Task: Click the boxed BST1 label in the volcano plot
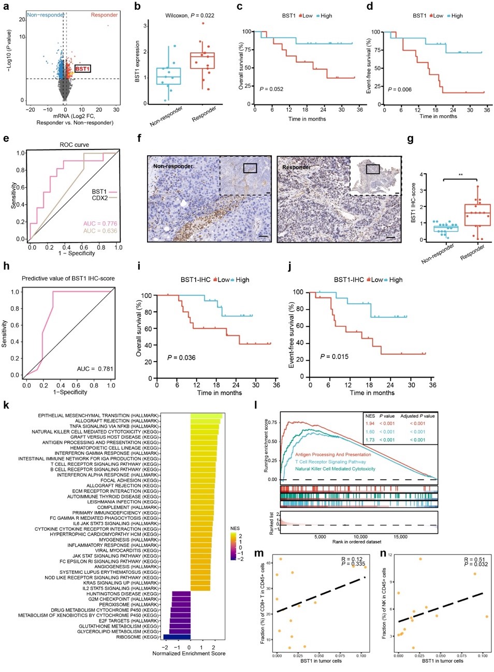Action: pyautogui.click(x=83, y=69)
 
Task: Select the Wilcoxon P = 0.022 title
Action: pyautogui.click(x=190, y=16)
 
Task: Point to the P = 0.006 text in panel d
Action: pyautogui.click(x=400, y=89)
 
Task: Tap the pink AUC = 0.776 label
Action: pyautogui.click(x=100, y=223)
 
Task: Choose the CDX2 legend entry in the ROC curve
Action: pyautogui.click(x=100, y=198)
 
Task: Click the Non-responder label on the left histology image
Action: pyautogui.click(x=172, y=167)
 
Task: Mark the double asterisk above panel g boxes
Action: pyautogui.click(x=460, y=175)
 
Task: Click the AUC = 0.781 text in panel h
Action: pyautogui.click(x=95, y=369)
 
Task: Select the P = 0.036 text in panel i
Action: pyautogui.click(x=181, y=357)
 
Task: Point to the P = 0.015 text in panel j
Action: pyautogui.click(x=334, y=356)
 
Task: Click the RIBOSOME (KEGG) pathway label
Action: pyautogui.click(x=137, y=637)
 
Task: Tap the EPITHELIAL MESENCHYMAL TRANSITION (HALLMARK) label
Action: pyautogui.click(x=98, y=415)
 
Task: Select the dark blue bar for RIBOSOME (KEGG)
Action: pyautogui.click(x=177, y=637)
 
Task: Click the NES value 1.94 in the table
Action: pyautogui.click(x=370, y=424)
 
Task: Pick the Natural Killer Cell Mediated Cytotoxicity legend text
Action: pyautogui.click(x=335, y=469)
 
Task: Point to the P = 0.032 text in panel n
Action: pyautogui.click(x=476, y=564)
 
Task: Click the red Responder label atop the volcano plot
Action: pyautogui.click(x=104, y=15)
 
